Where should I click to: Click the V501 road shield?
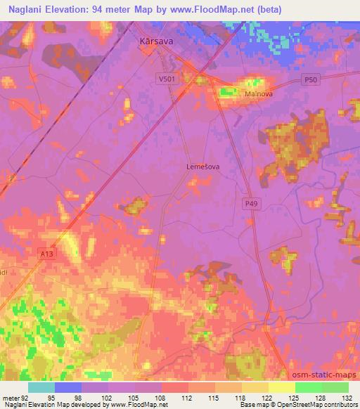point(167,80)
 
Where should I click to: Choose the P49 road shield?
point(252,203)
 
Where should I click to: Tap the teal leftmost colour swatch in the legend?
point(41,387)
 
